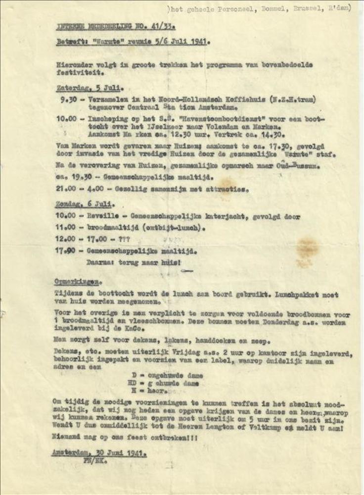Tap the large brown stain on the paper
pos(307,246)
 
